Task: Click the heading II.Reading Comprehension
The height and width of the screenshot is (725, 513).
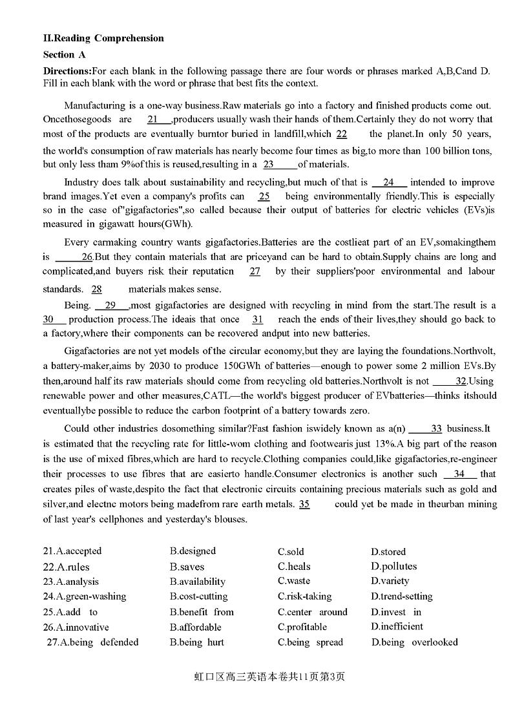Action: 103,38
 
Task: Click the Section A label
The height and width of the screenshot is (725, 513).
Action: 64,54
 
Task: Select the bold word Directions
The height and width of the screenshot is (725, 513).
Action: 67,71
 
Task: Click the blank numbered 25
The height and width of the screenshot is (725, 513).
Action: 264,196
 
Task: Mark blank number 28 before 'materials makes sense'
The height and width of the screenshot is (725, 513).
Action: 96,289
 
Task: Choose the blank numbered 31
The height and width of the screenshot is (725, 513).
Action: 258,319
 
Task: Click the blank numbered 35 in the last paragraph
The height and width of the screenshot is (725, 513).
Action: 304,504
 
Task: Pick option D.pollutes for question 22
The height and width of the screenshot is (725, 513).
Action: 393,566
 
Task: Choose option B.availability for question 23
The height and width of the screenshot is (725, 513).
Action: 198,582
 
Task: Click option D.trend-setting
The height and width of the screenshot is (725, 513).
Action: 401,596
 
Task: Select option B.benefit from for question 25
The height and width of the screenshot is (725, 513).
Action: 202,612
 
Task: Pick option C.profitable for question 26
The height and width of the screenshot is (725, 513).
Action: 302,627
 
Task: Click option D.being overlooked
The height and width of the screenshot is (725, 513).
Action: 414,642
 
